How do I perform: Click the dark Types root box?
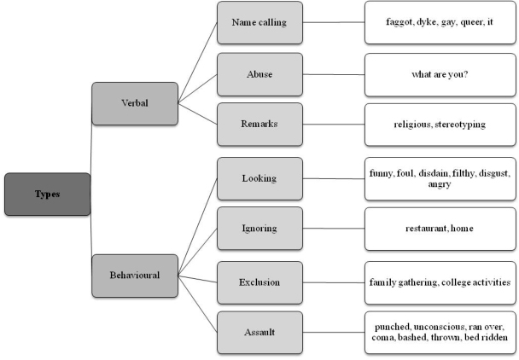pos(47,195)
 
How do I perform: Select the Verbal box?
pos(135,103)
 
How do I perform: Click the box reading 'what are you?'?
pos(440,73)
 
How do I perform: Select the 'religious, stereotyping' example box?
pos(440,125)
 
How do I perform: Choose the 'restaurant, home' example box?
pos(440,229)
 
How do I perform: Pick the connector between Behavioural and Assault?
pos(198,304)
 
